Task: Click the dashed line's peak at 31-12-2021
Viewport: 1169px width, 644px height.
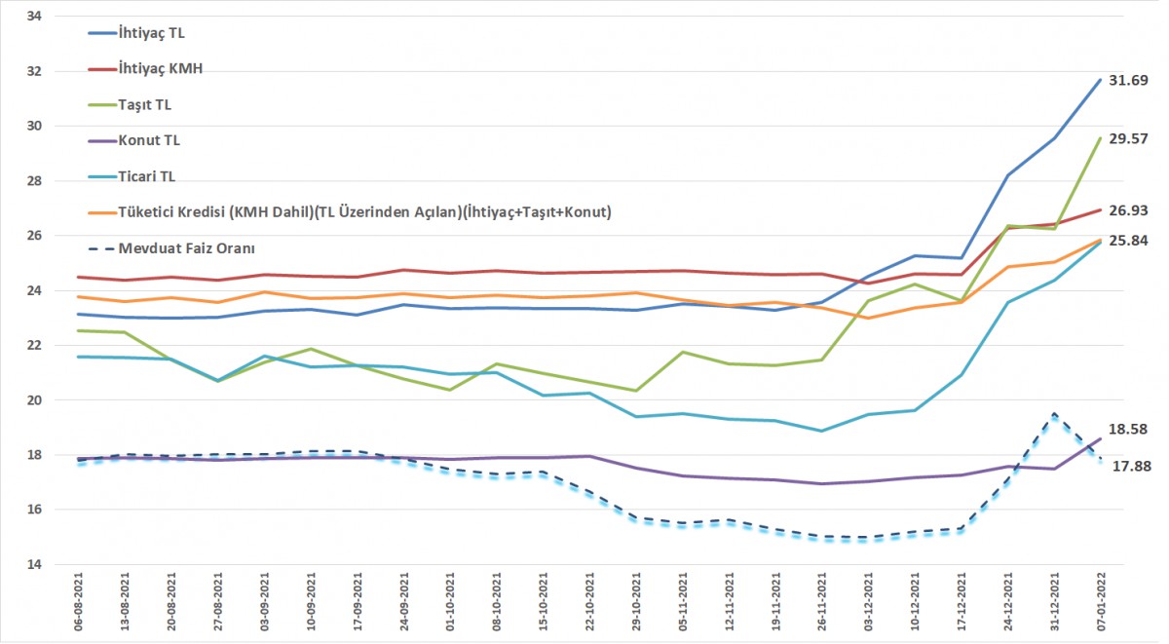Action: point(1054,414)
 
